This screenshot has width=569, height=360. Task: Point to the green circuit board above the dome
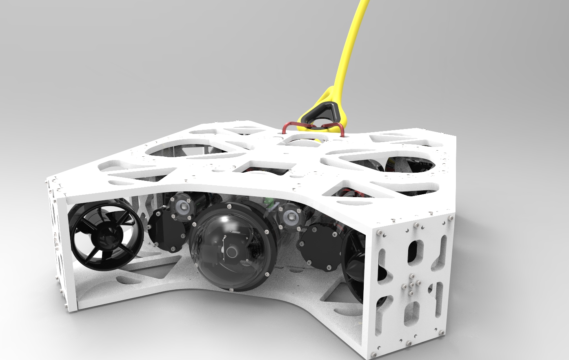pos(269,202)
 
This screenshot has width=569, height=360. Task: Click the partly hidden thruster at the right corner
pos(353,265)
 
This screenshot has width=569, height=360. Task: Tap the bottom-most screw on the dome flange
pos(231,290)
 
